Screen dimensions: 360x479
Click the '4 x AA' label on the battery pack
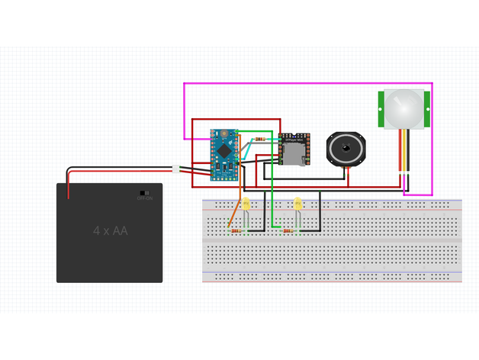click(x=111, y=230)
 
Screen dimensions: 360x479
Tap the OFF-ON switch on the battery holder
click(x=144, y=193)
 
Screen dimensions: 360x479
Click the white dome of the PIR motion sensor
click(x=403, y=108)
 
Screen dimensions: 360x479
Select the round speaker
click(x=346, y=147)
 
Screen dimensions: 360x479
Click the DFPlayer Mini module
click(x=293, y=149)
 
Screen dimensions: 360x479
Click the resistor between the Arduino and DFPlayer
click(x=260, y=139)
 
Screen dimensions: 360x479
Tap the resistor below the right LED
click(x=289, y=230)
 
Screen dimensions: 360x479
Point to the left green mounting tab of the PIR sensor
click(x=381, y=109)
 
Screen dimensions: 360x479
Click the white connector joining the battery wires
click(x=176, y=169)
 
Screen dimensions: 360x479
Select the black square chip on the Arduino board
click(x=224, y=151)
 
